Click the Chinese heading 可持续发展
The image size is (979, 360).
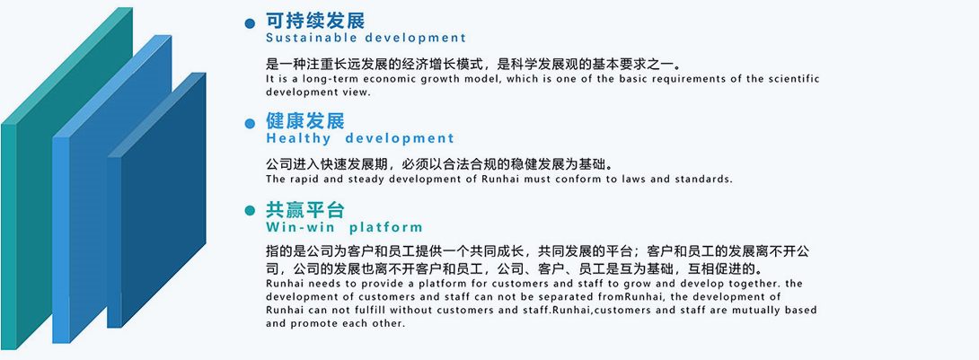pyautogui.click(x=315, y=21)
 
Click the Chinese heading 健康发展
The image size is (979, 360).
pyautogui.click(x=305, y=121)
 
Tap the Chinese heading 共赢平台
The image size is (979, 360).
pyautogui.click(x=305, y=210)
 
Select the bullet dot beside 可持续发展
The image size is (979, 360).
pyautogui.click(x=251, y=22)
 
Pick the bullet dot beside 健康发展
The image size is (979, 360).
pyautogui.click(x=251, y=123)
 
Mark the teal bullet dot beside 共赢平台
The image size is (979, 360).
pyautogui.click(x=251, y=212)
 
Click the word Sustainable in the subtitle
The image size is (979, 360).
pyautogui.click(x=307, y=39)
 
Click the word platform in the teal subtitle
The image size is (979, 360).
pyautogui.click(x=385, y=227)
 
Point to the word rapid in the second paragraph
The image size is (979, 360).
pyautogui.click(x=306, y=179)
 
